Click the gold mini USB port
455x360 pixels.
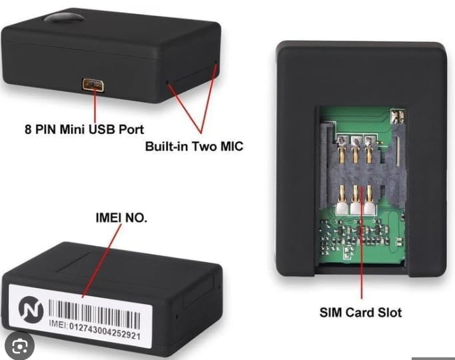click(93, 85)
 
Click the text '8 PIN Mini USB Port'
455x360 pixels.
click(84, 129)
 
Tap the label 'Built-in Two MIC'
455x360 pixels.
click(194, 146)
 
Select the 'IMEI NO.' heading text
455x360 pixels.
click(121, 218)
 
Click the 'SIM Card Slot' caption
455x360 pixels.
click(360, 313)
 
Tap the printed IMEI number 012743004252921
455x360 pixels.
click(105, 330)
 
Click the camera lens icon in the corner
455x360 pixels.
click(20, 347)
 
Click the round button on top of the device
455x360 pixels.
click(64, 17)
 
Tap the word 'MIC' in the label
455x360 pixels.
click(231, 146)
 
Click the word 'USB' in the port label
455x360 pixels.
click(101, 129)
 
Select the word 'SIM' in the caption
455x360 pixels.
click(331, 313)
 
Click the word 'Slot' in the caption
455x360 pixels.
click(390, 313)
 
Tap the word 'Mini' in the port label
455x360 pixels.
click(73, 129)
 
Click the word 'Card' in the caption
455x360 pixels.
click(360, 313)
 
